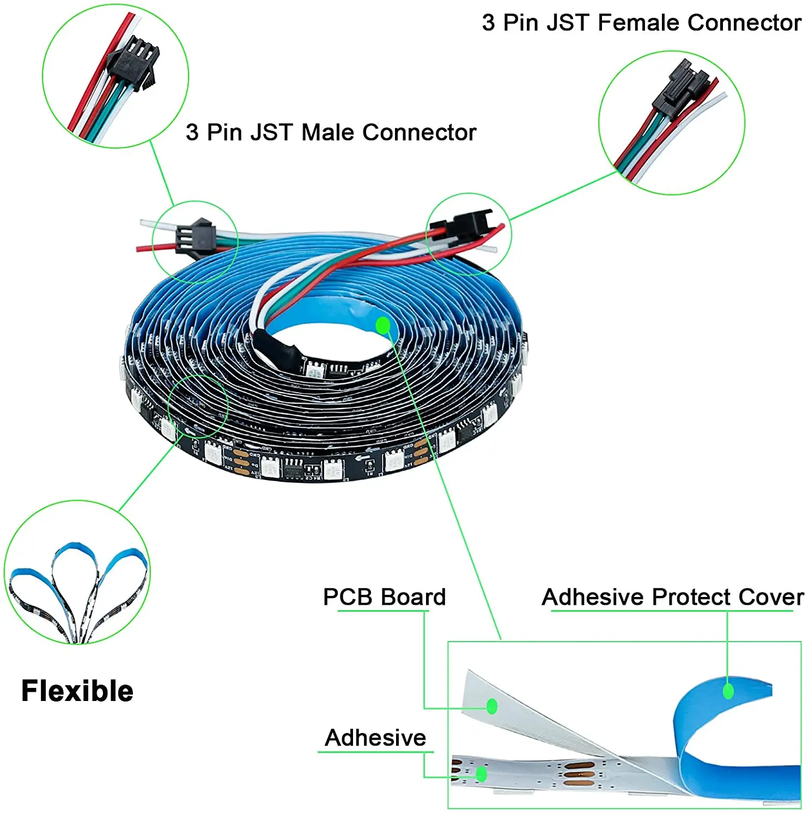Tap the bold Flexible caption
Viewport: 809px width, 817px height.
77,691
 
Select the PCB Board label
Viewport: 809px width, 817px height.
384,597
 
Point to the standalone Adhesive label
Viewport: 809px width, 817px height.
375,737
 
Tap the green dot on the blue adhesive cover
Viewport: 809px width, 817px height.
728,691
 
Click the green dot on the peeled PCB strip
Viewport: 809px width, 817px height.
492,706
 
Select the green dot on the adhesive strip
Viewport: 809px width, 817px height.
481,773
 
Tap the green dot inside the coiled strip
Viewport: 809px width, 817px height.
383,325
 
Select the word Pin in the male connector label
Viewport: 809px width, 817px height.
227,132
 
